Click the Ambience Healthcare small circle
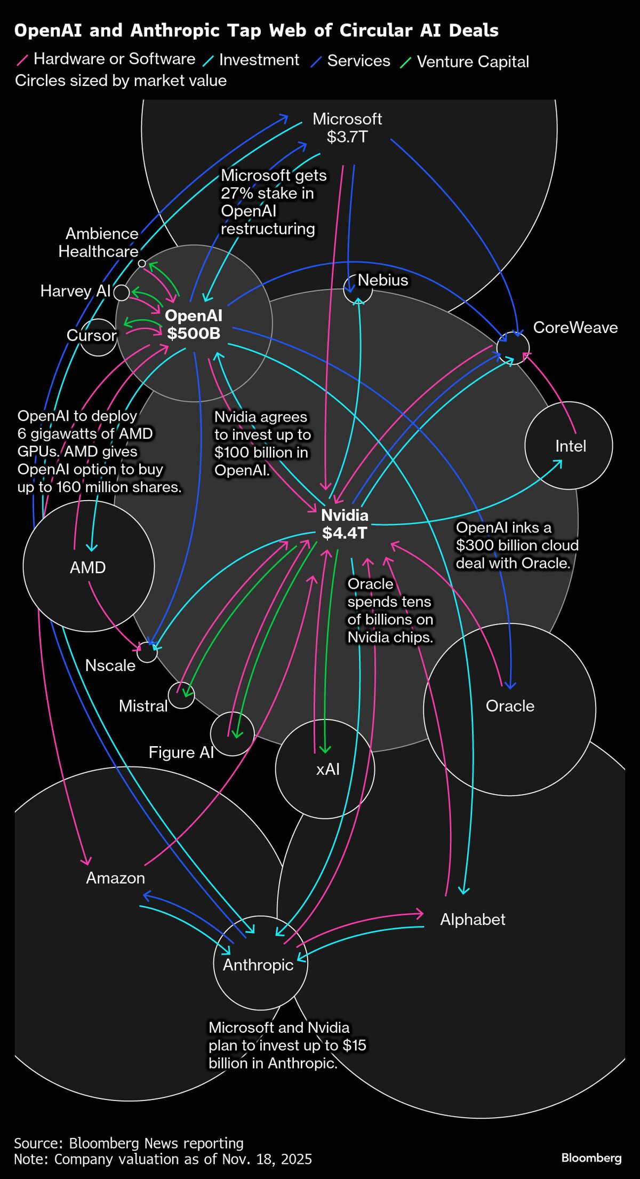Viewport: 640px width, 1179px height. click(142, 263)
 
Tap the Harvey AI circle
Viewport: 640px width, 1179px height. click(122, 292)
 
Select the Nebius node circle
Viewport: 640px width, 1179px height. click(357, 289)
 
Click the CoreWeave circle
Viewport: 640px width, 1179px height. click(513, 347)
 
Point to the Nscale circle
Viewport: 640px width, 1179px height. click(147, 652)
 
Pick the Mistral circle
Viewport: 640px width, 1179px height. click(181, 695)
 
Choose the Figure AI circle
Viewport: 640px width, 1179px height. click(232, 734)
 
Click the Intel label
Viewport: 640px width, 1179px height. click(570, 446)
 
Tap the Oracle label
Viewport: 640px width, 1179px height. click(510, 706)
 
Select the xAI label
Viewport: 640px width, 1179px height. click(327, 769)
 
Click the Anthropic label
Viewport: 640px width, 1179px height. click(258, 964)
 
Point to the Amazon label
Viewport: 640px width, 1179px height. click(115, 878)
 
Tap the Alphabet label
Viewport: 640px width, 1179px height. click(473, 919)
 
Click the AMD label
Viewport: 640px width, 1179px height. click(88, 567)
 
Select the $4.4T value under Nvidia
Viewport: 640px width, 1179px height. click(345, 533)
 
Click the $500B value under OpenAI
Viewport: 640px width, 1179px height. click(194, 334)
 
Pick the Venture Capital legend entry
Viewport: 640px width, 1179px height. click(473, 62)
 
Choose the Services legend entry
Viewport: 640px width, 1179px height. click(358, 61)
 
